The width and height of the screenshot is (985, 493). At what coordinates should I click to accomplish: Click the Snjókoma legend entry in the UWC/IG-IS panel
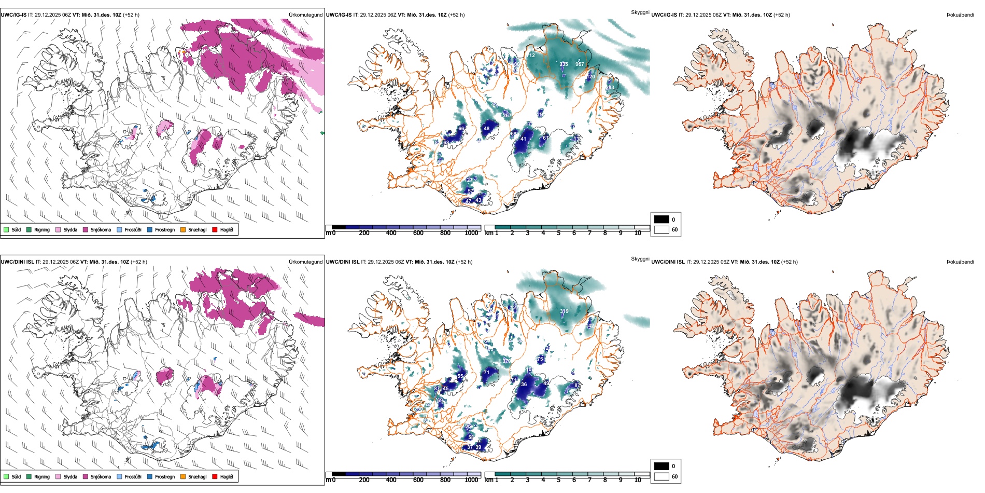coord(101,229)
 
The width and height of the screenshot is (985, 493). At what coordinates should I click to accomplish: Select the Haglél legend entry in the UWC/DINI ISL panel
coord(227,476)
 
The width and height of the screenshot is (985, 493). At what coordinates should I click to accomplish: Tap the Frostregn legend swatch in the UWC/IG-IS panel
coord(150,229)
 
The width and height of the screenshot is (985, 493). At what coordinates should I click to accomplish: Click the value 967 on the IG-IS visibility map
coord(580,64)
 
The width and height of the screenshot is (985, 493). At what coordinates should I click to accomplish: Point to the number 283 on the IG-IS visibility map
coord(610,88)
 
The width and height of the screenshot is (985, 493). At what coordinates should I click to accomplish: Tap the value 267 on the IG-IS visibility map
coord(506,115)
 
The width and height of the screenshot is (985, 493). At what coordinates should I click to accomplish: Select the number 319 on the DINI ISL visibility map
coord(564,311)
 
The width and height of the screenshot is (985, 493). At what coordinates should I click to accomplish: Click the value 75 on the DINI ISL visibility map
coord(540,359)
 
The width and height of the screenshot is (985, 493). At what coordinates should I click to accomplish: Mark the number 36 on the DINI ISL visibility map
coord(524,385)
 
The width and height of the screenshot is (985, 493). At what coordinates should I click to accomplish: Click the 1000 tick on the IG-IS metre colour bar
coord(471,233)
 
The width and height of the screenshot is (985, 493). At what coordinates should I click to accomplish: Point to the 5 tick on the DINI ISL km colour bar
coord(558,480)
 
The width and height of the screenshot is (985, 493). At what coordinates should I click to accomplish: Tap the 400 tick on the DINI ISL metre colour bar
coord(391,480)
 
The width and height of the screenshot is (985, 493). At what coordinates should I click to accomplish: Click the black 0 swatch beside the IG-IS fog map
coord(662,220)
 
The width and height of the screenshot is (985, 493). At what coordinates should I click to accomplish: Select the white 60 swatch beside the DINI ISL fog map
coord(662,476)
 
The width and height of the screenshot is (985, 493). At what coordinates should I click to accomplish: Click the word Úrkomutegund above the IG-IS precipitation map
coord(305,15)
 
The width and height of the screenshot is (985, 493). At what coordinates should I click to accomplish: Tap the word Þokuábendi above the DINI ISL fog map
coord(960,262)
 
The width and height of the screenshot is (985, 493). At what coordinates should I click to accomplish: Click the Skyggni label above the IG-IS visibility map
coord(640,12)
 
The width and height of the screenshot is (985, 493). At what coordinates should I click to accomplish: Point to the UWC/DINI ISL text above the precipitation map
coord(17,262)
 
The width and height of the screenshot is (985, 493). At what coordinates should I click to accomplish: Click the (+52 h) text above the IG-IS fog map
coord(780,15)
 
